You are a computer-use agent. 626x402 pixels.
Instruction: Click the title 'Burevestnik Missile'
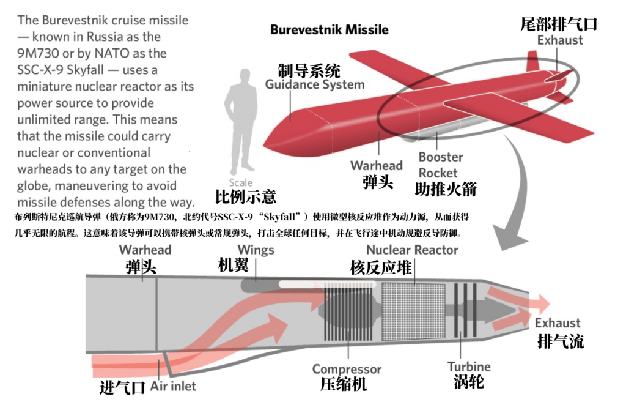329,29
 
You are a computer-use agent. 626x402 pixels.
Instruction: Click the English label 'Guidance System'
314,84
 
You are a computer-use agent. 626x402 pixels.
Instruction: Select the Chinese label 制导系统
309,70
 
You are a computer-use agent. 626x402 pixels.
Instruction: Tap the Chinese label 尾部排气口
558,24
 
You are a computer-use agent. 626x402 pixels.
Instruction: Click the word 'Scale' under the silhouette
240,182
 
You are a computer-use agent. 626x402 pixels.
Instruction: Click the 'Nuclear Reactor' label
412,250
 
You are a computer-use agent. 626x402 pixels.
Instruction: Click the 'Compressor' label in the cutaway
347,369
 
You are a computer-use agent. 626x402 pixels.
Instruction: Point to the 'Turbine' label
469,367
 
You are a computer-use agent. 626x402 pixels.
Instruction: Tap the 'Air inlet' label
173,386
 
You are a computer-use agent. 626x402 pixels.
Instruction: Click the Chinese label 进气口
122,387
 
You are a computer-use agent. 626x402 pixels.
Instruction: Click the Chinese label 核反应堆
380,267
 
